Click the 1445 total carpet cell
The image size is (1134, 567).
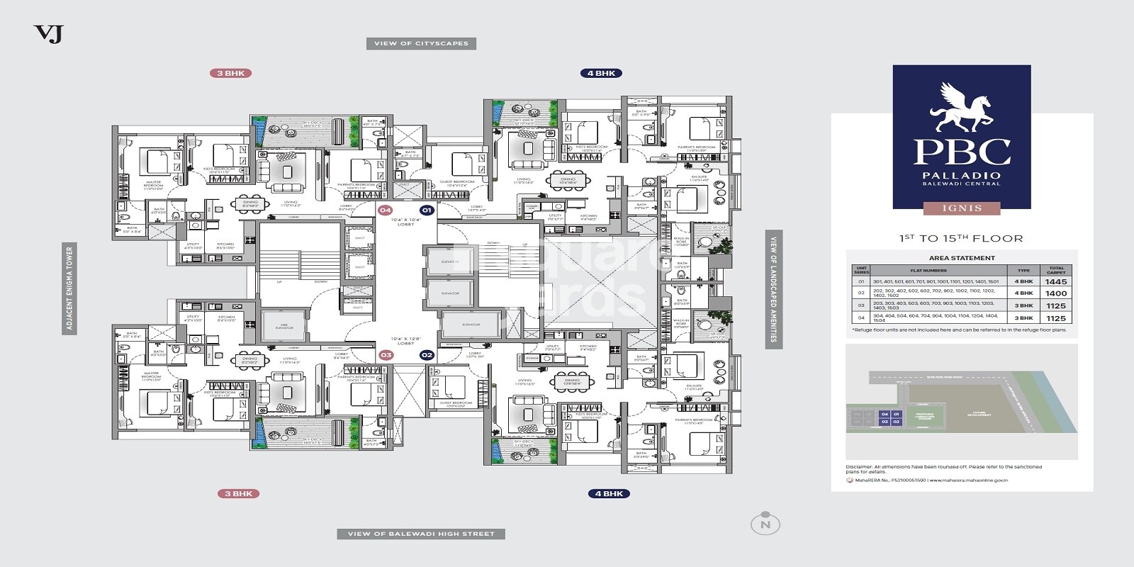(1055, 281)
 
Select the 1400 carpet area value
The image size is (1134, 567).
(1055, 293)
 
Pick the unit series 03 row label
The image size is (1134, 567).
(861, 305)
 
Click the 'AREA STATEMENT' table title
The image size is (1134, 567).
(962, 258)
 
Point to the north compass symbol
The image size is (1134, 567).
(765, 524)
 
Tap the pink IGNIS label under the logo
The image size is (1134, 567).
(961, 208)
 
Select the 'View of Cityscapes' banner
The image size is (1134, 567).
(421, 43)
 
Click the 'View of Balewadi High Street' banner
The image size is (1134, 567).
(421, 534)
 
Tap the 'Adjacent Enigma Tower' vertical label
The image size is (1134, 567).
(69, 288)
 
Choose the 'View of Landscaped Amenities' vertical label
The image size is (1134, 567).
(773, 288)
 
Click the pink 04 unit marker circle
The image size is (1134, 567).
(385, 210)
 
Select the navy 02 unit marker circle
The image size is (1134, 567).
(427, 355)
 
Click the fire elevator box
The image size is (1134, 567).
(283, 327)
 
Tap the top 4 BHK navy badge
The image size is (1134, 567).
(601, 73)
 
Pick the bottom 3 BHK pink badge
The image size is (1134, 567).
(238, 493)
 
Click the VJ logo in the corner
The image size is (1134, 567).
(48, 33)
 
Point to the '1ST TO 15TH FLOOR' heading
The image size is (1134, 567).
(961, 238)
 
